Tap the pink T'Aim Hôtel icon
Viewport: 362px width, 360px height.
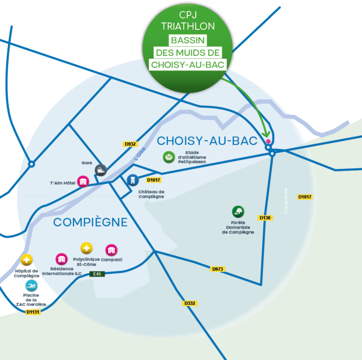pos(83,182)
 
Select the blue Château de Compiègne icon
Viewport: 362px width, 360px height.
pos(132,180)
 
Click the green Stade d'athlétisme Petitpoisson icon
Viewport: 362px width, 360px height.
pos(169,157)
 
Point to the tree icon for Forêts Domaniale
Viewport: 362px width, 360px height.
pos(238,212)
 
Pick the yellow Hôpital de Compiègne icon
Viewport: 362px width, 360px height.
pos(27,260)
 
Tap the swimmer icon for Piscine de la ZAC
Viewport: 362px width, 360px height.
pos(32,285)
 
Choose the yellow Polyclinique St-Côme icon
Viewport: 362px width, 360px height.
pos(87,249)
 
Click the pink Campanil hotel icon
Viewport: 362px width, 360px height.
pos(111,250)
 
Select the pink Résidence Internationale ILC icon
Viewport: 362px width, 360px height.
pos(61,259)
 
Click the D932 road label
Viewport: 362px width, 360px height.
pos(131,144)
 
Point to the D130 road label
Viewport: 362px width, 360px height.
pos(266,218)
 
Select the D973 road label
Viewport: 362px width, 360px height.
pos(218,269)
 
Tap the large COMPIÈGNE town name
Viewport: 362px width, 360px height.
pos(90,222)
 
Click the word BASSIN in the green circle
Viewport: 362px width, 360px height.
pos(188,40)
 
